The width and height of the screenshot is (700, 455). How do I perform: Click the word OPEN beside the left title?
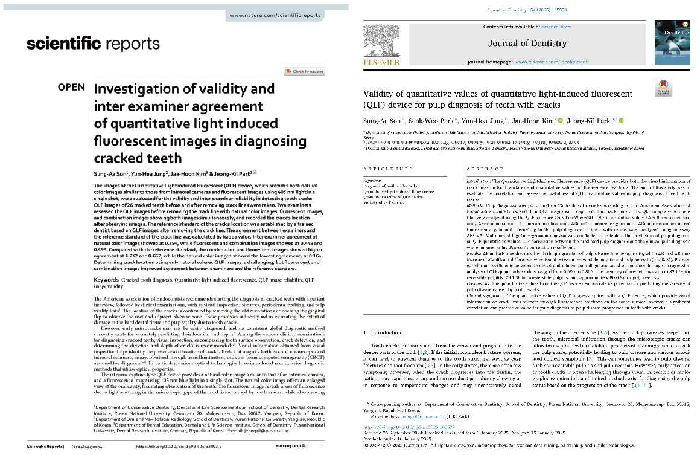(71, 88)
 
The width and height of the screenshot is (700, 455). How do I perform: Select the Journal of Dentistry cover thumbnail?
(672, 43)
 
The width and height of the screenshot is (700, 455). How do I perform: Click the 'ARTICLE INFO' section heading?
(389, 169)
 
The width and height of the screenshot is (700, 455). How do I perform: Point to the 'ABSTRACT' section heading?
(485, 169)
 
